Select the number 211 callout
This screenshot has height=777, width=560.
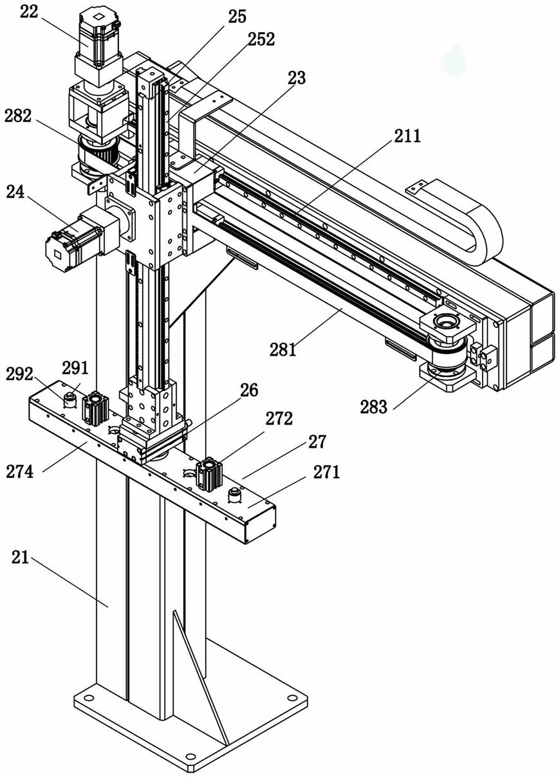[x=407, y=136]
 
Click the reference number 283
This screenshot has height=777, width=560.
[x=374, y=407]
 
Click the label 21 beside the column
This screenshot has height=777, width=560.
[x=20, y=557]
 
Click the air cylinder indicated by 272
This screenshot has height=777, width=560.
[x=209, y=473]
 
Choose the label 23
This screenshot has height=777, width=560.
[x=297, y=78]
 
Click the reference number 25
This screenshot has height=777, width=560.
[x=237, y=17]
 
